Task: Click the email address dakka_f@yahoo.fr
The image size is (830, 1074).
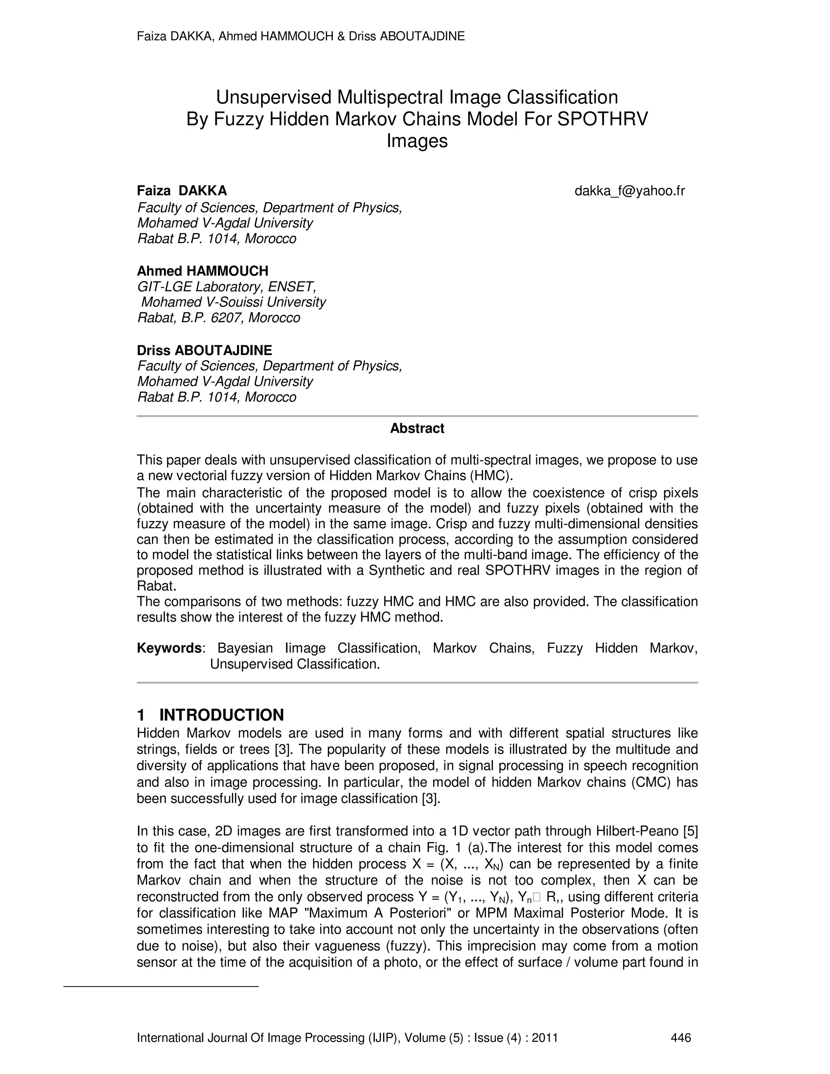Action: click(x=629, y=191)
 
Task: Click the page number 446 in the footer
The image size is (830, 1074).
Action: click(x=681, y=1038)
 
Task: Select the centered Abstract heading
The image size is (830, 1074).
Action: click(x=417, y=428)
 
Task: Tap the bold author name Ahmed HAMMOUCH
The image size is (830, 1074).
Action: click(x=203, y=271)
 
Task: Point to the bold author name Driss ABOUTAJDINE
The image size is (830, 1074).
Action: click(x=204, y=350)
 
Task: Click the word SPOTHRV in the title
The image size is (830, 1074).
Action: click(x=602, y=119)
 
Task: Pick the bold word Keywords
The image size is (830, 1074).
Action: click(x=169, y=648)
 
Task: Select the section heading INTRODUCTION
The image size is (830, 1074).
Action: click(x=221, y=715)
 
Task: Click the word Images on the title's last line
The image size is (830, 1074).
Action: click(x=417, y=141)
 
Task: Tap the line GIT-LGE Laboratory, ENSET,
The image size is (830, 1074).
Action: click(x=226, y=286)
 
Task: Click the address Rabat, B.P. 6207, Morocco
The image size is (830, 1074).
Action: click(x=218, y=318)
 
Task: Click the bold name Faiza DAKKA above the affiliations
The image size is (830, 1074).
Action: click(x=182, y=191)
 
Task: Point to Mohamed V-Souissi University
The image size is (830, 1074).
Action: click(x=233, y=302)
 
